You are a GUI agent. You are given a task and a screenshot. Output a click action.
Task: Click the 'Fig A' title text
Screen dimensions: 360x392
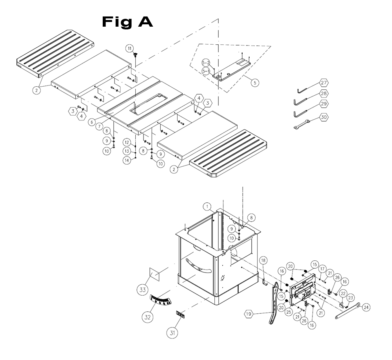pos(127,22)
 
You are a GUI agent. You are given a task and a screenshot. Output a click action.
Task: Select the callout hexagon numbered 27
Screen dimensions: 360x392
pos(324,83)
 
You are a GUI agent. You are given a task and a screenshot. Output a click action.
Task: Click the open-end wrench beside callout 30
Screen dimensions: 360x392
pos(302,124)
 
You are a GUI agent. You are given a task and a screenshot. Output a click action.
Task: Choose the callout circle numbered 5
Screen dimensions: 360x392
pos(255,83)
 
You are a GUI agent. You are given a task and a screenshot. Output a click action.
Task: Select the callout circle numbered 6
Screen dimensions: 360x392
pos(91,122)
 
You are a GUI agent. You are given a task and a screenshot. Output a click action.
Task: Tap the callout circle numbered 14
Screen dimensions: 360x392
pos(127,160)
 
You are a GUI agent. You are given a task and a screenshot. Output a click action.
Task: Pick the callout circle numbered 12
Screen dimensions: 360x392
pos(127,142)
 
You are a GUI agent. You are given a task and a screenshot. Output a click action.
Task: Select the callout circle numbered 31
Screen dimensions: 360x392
pos(172,333)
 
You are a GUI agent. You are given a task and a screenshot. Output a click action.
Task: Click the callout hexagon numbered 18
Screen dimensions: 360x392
pos(263,260)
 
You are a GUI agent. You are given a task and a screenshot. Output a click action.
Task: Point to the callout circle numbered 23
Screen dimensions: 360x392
pos(350,297)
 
